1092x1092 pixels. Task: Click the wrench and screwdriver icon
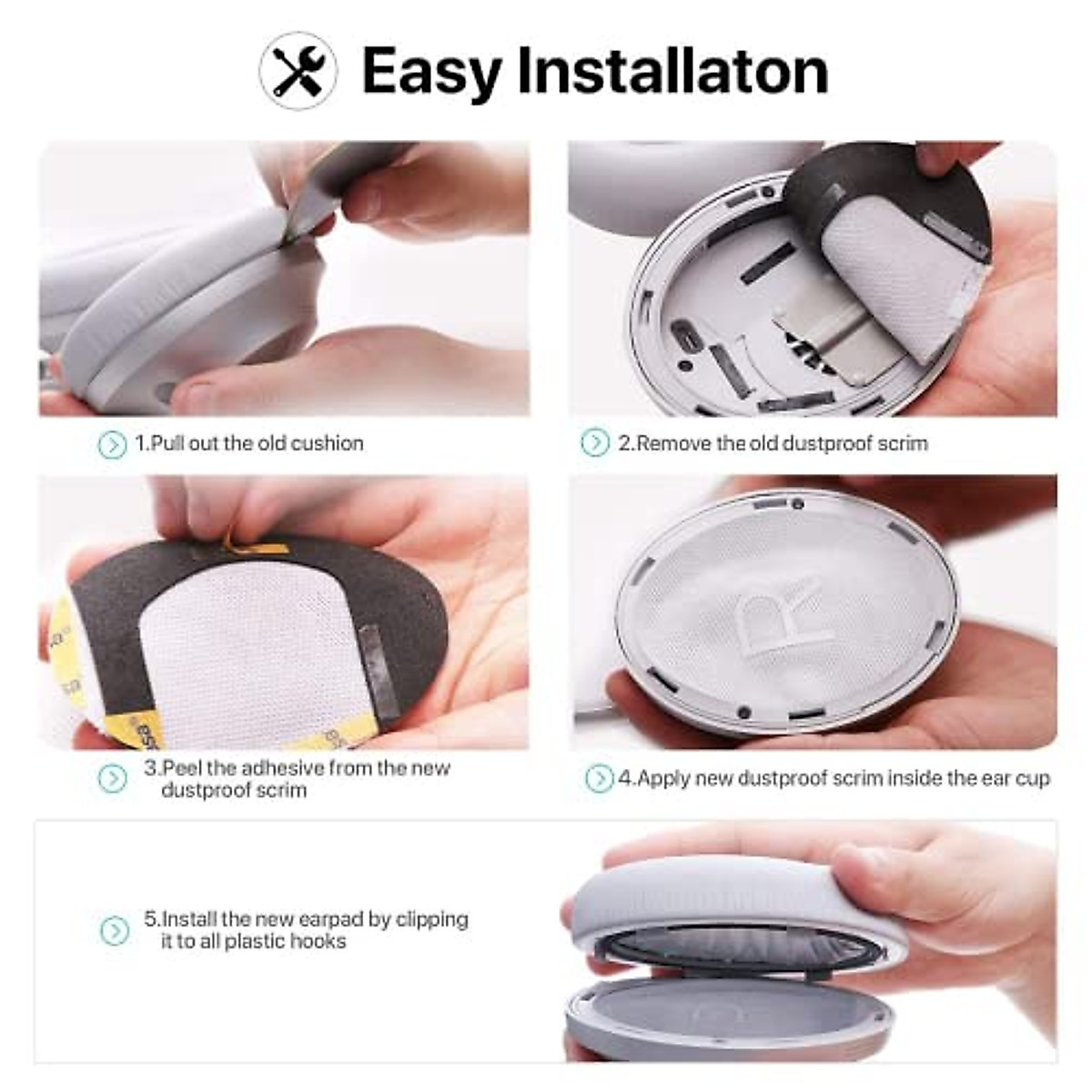coord(298,70)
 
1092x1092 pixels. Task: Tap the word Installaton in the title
coord(672,69)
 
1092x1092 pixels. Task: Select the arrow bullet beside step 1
coord(112,444)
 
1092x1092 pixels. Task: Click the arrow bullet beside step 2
coord(595,443)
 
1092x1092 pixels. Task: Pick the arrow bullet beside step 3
coord(112,778)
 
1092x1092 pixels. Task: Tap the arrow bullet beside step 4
coord(599,779)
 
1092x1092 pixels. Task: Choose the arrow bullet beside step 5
coord(115,930)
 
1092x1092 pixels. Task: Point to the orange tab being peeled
coord(257,545)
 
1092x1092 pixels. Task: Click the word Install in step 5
coord(188,919)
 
